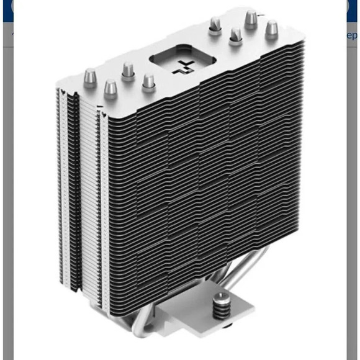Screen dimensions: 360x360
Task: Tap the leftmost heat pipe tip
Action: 90,77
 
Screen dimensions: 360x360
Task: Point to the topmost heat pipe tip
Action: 250,19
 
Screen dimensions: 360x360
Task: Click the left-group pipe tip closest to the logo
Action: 148,82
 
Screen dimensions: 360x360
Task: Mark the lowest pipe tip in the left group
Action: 110,88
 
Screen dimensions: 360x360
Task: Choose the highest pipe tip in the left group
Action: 128,70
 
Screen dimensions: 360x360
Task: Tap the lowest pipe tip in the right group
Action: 236,36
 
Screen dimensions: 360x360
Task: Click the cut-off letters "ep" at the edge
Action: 352,35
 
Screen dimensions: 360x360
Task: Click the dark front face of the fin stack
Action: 205,174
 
